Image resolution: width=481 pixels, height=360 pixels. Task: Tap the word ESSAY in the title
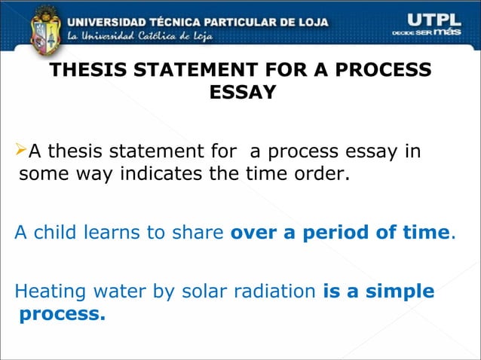click(240, 93)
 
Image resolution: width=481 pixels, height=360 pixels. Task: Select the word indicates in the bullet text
click(147, 175)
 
